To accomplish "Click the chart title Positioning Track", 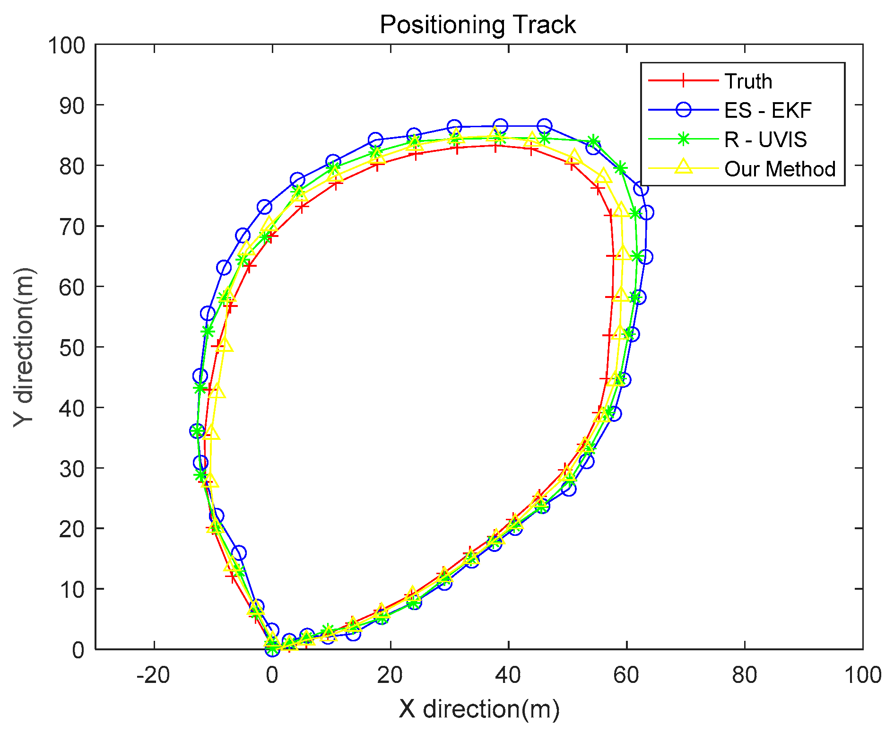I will (x=477, y=25).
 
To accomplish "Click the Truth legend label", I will (x=748, y=81).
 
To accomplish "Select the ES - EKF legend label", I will (x=768, y=110).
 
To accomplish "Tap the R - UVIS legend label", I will (x=765, y=140).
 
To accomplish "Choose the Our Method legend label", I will (x=780, y=169).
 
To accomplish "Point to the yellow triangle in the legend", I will (x=683, y=167).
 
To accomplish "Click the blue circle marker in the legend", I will (x=683, y=110).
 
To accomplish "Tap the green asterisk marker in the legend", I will (x=683, y=140).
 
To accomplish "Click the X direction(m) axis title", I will (x=479, y=709).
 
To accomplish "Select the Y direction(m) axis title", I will (x=24, y=347).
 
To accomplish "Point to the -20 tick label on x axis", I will (x=153, y=675).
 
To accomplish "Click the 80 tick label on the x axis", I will (x=745, y=675).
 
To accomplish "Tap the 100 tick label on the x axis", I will (x=862, y=675).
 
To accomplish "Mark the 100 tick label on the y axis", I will (x=66, y=45).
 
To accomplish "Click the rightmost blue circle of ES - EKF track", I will (x=647, y=213).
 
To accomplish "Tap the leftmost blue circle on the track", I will (x=197, y=431).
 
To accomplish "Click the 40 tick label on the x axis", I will (x=508, y=675).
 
